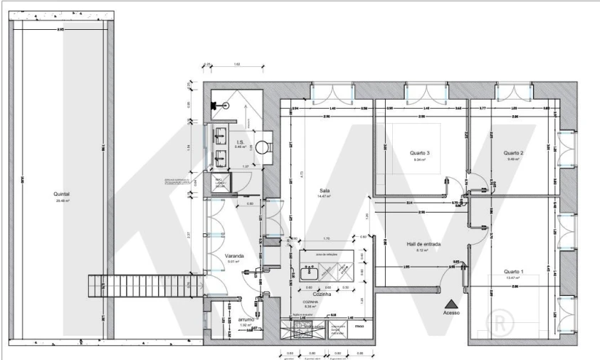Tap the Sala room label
[x=325, y=191]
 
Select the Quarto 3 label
[x=419, y=153]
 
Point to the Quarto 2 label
[x=513, y=153]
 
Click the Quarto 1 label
[x=512, y=271]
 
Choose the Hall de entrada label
[x=421, y=243]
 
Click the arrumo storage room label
[x=246, y=319]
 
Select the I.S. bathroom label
[x=240, y=142]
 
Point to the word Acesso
[x=451, y=312]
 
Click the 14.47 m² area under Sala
[x=325, y=197]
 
